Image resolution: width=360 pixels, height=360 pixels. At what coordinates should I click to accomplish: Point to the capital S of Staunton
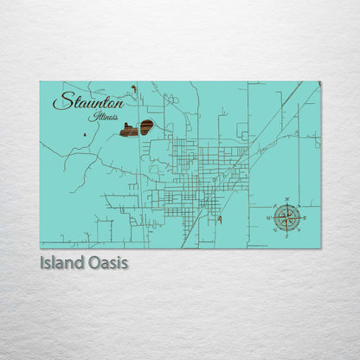click(61, 101)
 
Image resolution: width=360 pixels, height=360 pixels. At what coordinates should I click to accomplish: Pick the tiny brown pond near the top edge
click(133, 88)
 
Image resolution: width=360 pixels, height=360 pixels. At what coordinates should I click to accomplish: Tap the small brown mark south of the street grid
click(220, 220)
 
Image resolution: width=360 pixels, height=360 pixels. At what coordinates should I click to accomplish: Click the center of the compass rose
click(286, 217)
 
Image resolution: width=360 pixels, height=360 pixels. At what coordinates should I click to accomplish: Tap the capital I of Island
click(42, 261)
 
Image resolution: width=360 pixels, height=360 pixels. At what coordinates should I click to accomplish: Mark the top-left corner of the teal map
click(40, 82)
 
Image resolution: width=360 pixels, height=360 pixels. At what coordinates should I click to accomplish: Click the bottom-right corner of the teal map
click(320, 248)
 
